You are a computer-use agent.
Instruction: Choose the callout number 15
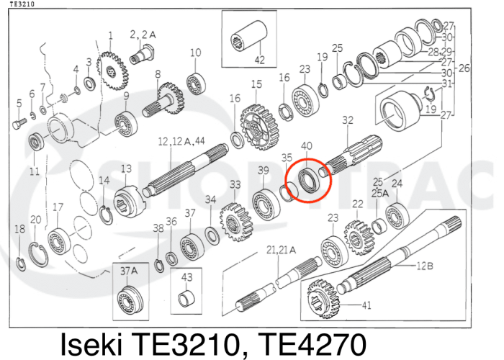click(x=256, y=85)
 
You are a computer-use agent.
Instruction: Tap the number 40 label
click(x=306, y=146)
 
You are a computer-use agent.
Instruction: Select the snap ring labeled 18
click(x=21, y=261)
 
